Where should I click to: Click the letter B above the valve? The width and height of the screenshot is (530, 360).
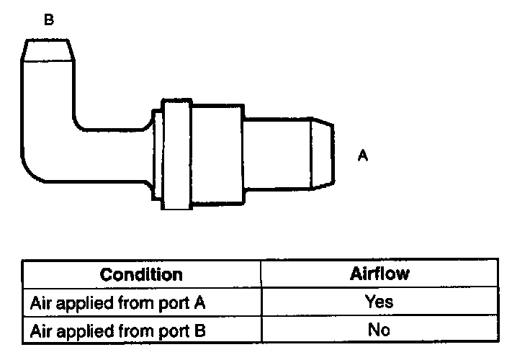[48, 20]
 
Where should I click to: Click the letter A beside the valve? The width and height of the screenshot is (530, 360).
[363, 155]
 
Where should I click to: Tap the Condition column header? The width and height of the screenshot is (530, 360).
[141, 274]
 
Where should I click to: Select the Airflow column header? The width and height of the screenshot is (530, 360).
[379, 274]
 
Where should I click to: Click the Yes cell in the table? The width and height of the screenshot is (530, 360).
[379, 302]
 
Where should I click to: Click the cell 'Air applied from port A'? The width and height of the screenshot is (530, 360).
[119, 302]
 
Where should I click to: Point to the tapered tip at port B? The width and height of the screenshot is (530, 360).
[48, 50]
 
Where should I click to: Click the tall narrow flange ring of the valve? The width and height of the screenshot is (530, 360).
[176, 155]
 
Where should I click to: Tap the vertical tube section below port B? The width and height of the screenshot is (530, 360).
[48, 101]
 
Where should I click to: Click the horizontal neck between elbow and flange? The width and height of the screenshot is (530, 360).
[115, 155]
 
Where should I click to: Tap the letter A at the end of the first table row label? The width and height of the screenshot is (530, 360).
[201, 302]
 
